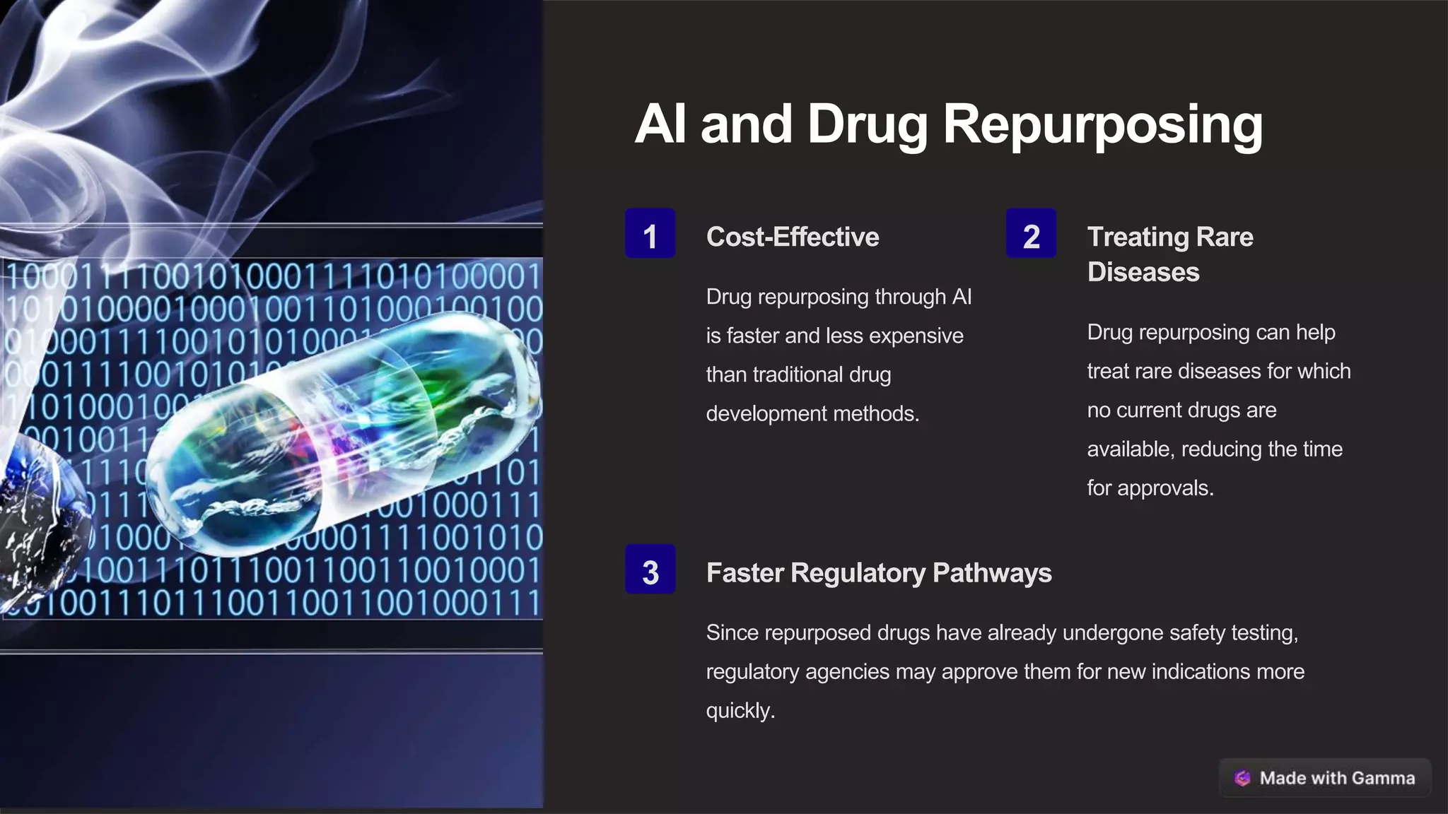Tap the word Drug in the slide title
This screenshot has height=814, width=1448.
(868, 125)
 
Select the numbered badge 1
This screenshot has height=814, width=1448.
(650, 234)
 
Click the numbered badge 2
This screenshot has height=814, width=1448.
(1031, 234)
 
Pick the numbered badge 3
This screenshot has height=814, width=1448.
(650, 570)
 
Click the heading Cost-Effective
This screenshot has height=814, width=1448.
(793, 237)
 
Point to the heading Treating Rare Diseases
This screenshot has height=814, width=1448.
(1170, 254)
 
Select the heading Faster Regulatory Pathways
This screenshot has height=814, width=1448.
(879, 573)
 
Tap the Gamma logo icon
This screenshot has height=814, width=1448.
(1242, 778)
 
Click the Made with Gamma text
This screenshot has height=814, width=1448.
(1337, 778)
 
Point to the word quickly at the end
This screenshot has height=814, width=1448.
(740, 711)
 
